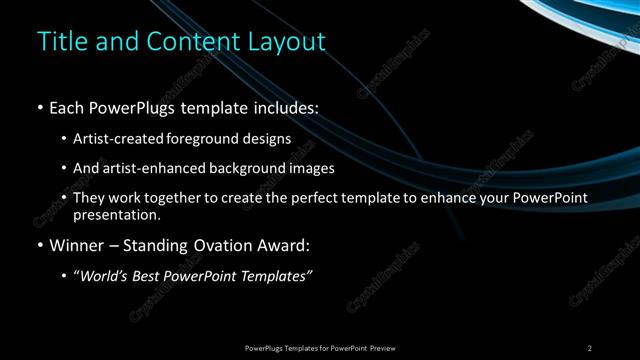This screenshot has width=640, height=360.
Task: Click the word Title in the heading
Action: (x=60, y=42)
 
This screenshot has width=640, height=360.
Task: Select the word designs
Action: (x=268, y=139)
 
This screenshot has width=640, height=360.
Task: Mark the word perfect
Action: (x=312, y=199)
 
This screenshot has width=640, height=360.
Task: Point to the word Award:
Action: (x=289, y=245)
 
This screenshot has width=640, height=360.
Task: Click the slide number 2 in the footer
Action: (x=590, y=348)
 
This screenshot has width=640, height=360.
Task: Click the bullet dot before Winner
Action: (x=39, y=246)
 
